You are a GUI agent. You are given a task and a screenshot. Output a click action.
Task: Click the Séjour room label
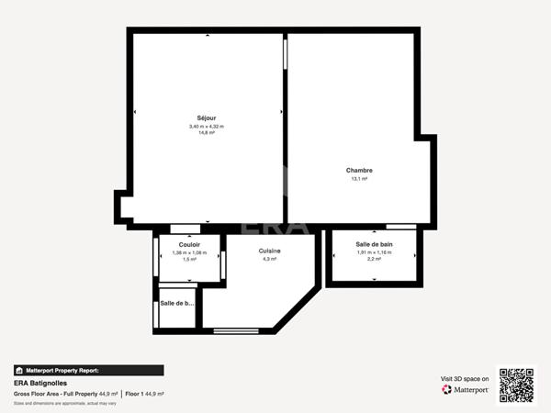tap(207, 117)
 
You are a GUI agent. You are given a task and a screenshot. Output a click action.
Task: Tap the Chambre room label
tap(359, 171)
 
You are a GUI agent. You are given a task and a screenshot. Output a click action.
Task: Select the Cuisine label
tap(269, 251)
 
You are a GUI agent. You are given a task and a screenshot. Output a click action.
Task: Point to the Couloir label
tap(190, 245)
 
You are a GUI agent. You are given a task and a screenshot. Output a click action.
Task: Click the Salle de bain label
tap(374, 244)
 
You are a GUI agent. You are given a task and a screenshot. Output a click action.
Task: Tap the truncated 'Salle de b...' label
tap(177, 303)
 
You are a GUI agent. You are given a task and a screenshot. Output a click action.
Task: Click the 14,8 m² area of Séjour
tap(207, 133)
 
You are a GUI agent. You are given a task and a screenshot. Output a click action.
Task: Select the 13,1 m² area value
tap(359, 179)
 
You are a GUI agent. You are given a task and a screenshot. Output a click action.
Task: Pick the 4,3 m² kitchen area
tap(269, 260)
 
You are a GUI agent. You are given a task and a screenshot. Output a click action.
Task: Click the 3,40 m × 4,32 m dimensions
tap(207, 126)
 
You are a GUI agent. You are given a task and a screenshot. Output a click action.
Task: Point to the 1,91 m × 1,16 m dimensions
tap(374, 252)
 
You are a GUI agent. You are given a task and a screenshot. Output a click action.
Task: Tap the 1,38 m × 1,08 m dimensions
tap(190, 252)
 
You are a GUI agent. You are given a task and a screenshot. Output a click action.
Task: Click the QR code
tap(516, 385)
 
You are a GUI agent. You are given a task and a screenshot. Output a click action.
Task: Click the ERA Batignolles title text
tap(40, 383)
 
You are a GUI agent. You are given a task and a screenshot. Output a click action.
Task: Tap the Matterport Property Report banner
tap(88, 371)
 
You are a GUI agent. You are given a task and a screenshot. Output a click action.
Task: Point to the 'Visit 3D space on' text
tap(465, 378)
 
